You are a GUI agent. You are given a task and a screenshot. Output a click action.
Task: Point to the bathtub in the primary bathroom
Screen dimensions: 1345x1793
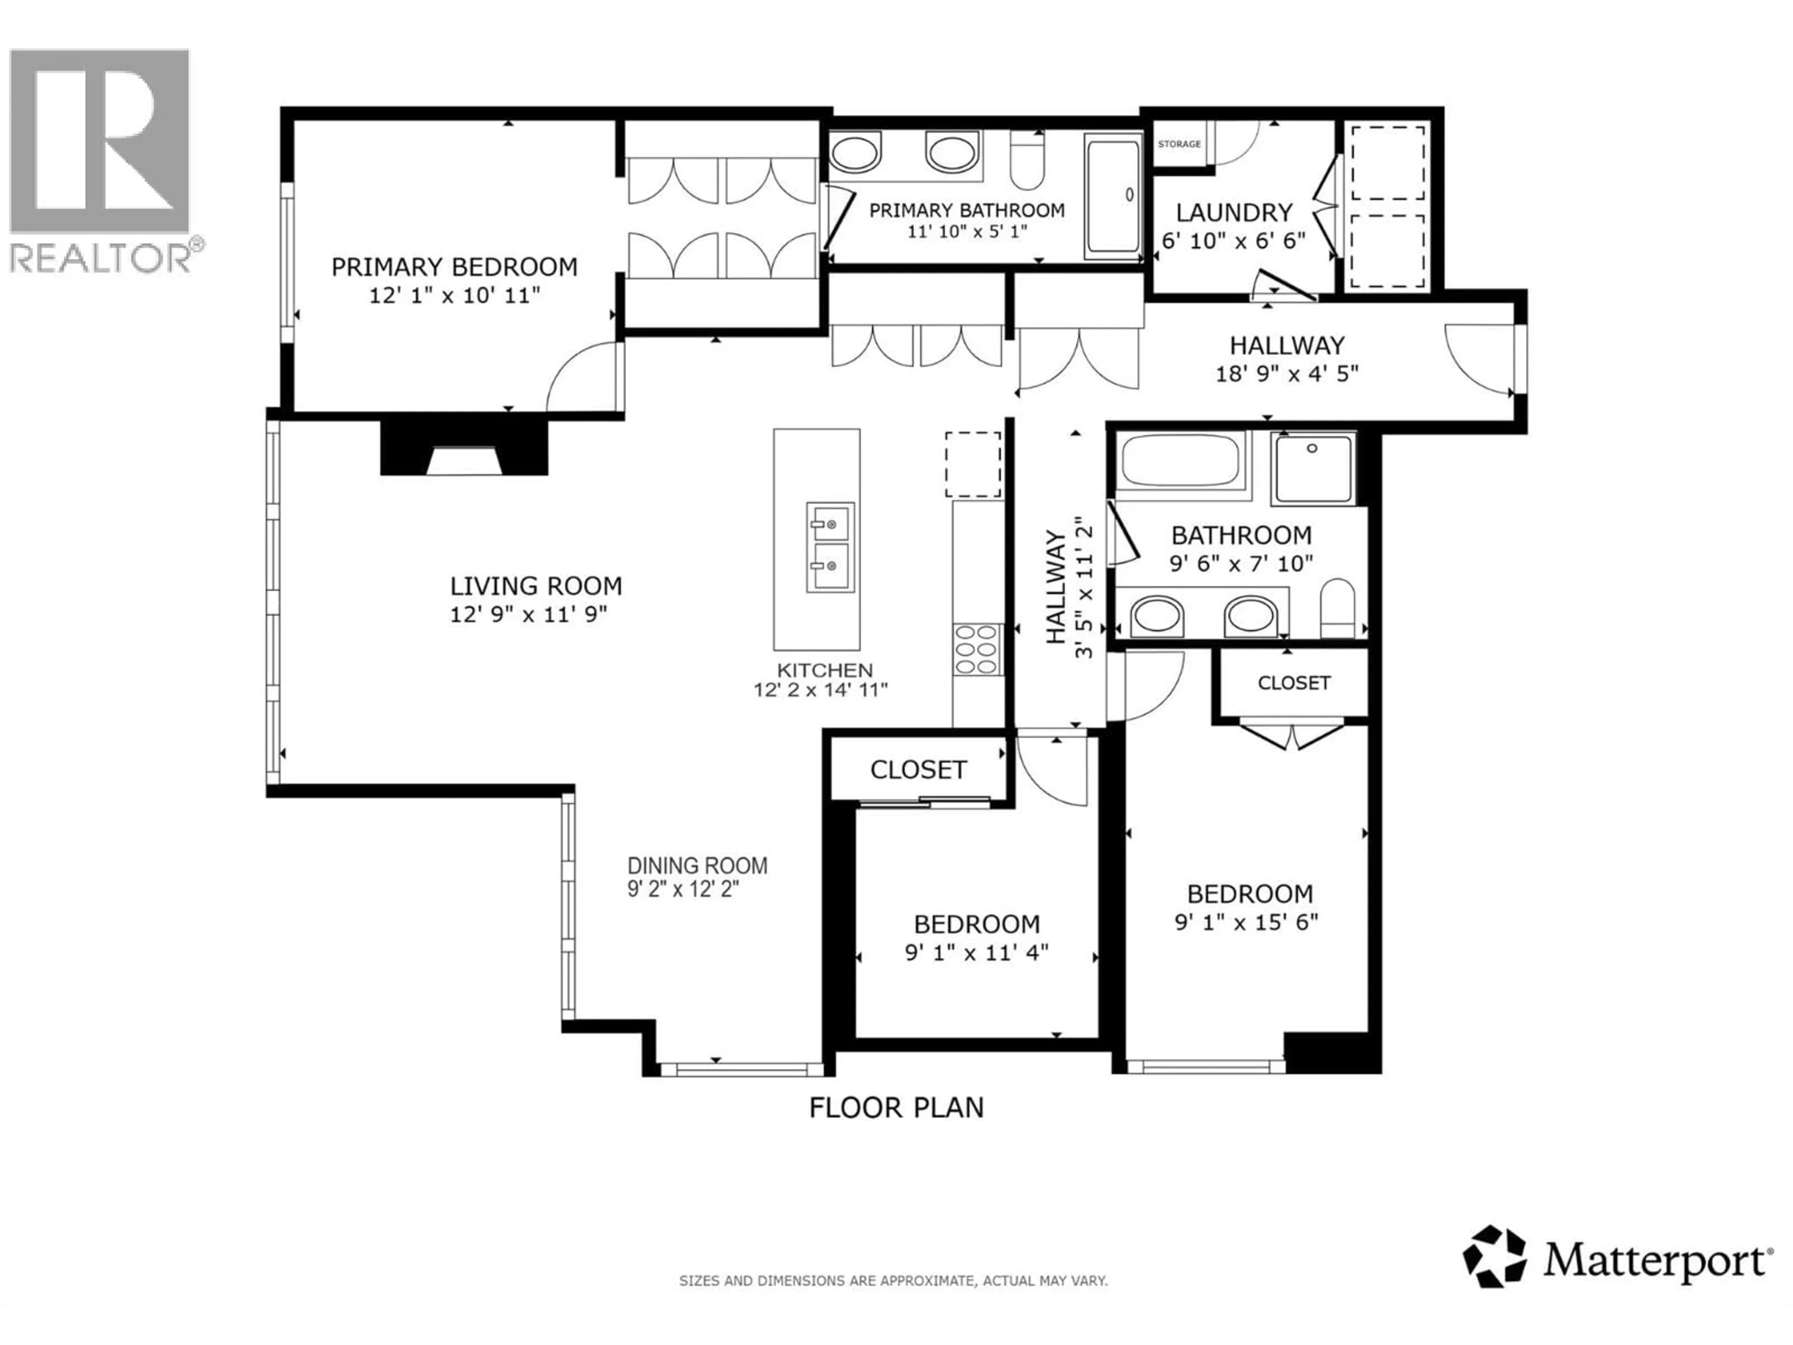(1113, 195)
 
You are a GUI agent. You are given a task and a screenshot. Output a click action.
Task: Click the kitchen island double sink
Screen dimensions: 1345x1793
(830, 546)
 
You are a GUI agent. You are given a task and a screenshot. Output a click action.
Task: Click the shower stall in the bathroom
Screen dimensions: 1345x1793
(1313, 468)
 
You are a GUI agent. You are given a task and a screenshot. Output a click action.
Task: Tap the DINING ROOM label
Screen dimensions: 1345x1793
(697, 866)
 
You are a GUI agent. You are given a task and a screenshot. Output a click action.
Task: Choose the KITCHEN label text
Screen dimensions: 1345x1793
(824, 671)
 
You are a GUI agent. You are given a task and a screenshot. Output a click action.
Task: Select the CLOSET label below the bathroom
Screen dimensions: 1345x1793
(1294, 683)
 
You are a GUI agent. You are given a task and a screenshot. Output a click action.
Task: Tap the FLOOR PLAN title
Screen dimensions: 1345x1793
(896, 1107)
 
